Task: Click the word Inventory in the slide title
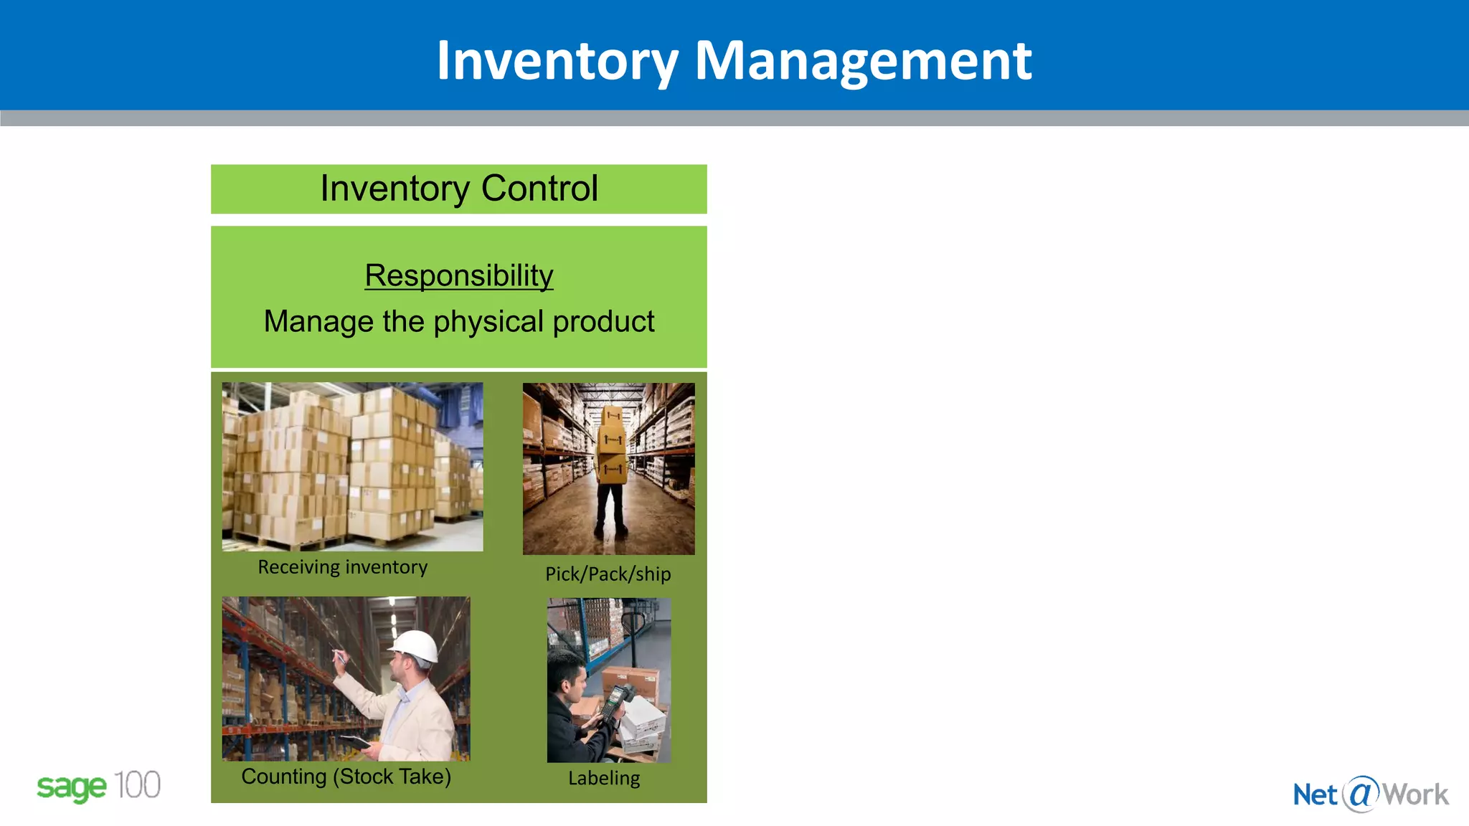click(557, 60)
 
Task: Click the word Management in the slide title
click(863, 60)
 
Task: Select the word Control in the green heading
click(539, 189)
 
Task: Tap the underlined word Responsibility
click(459, 276)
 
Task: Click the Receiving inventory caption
click(343, 567)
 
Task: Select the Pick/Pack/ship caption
click(608, 574)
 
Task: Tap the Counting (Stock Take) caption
click(346, 777)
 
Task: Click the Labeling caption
click(604, 778)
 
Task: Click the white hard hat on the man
click(415, 645)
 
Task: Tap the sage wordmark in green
click(71, 787)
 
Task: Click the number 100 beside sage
click(137, 786)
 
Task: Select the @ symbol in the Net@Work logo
click(1361, 794)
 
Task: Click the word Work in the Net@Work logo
click(1415, 794)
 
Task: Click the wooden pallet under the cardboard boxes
click(287, 543)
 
